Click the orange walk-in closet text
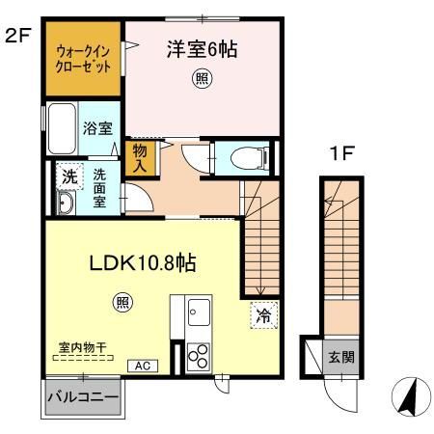click(x=82, y=60)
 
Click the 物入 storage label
click(x=139, y=158)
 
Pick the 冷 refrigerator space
click(x=262, y=314)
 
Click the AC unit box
click(x=141, y=366)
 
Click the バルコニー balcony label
click(x=83, y=397)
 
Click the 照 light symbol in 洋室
click(x=201, y=79)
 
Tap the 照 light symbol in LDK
click(x=124, y=300)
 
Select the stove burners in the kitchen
click(x=200, y=356)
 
